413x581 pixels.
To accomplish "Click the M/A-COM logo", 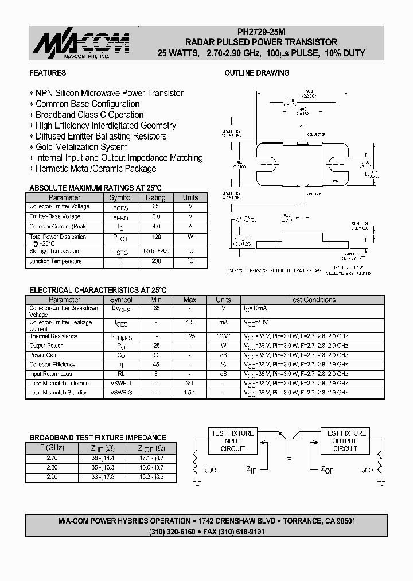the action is tap(80, 44).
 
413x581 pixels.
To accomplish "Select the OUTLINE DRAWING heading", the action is tap(256, 73).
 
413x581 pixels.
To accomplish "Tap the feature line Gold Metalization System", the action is tap(81, 147).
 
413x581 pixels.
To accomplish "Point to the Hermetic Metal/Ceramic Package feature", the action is tap(96, 169).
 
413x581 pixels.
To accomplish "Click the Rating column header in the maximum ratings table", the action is tap(155, 197).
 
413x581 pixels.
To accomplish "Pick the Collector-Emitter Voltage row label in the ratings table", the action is tap(60, 207).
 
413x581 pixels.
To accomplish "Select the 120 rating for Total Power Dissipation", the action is tap(155, 237).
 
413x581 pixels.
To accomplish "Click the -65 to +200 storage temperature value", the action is tap(155, 251).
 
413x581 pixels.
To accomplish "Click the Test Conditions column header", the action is tap(312, 300).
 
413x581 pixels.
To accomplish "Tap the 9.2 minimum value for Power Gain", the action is tap(156, 355).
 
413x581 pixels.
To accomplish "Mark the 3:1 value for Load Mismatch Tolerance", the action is tap(190, 384).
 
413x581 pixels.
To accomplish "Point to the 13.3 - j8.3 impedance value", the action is tap(151, 477).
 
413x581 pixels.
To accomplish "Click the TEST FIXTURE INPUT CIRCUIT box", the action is tap(232, 441).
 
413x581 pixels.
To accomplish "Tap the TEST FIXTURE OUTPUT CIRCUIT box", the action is tap(345, 441).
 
